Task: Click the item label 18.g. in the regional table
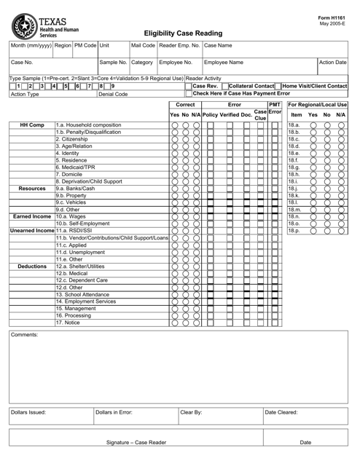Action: [x=294, y=186]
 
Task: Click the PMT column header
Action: [x=275, y=105]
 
